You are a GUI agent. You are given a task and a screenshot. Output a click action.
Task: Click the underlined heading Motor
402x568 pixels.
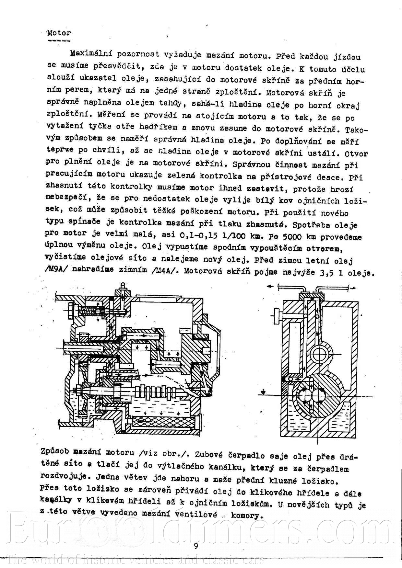pyautogui.click(x=59, y=33)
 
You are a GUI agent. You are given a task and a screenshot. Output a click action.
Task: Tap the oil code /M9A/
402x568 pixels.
pyautogui.click(x=57, y=269)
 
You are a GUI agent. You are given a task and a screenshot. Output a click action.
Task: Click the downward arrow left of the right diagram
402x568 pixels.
pyautogui.click(x=264, y=392)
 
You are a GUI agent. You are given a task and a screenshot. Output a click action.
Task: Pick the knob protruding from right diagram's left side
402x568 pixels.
pyautogui.click(x=277, y=316)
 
